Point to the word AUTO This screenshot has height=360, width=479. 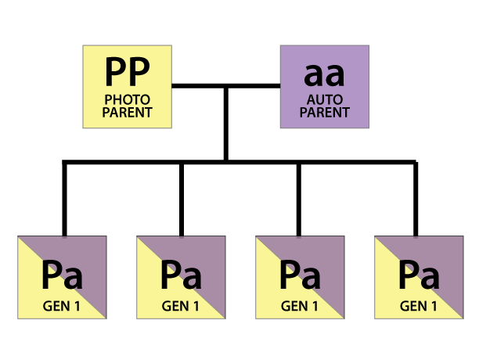click(x=324, y=100)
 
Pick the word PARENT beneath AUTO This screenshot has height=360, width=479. click(x=324, y=112)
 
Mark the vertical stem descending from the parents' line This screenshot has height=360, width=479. click(x=225, y=125)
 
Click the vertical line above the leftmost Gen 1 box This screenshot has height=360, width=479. click(x=64, y=200)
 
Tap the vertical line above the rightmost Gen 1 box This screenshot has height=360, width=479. click(x=415, y=200)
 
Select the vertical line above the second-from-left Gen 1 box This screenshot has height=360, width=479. click(x=181, y=200)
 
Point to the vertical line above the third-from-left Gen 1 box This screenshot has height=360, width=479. click(x=298, y=200)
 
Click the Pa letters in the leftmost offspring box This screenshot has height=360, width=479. click(x=62, y=276)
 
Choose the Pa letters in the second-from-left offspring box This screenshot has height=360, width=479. click(x=181, y=276)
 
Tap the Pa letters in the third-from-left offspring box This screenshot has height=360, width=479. click(x=300, y=276)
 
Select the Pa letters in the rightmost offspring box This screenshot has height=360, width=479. click(x=418, y=276)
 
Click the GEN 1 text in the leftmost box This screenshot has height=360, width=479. click(x=62, y=306)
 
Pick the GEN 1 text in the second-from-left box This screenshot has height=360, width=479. click(x=181, y=306)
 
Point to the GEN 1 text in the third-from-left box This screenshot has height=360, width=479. click(x=300, y=306)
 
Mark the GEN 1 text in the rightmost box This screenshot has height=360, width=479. click(x=418, y=306)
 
